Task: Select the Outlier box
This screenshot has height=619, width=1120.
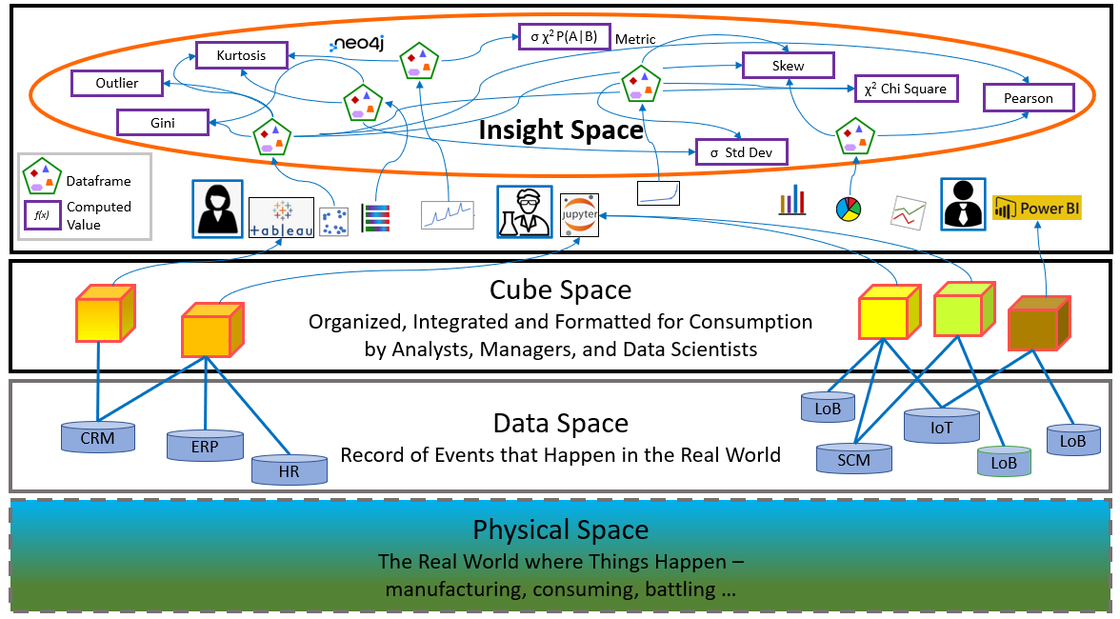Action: pos(117,84)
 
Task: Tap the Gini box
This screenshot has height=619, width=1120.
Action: pos(161,122)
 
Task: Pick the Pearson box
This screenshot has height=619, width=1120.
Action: pos(1028,98)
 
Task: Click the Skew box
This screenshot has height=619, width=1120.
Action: pos(788,66)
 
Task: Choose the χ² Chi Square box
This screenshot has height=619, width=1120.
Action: pos(905,90)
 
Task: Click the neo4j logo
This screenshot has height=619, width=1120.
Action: pos(357,44)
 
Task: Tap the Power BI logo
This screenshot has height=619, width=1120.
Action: pos(1036,208)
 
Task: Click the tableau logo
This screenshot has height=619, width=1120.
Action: pos(281,218)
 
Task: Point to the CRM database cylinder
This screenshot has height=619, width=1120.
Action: pos(98,437)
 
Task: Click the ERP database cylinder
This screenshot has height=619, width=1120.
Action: pos(204,445)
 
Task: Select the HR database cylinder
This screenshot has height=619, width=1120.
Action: pos(290,469)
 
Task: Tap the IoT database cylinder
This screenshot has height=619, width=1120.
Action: pos(941,427)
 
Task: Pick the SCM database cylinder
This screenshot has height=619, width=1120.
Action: pos(855,458)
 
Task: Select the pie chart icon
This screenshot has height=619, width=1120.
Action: pos(847,208)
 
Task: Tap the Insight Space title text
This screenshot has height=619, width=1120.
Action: pos(560,130)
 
